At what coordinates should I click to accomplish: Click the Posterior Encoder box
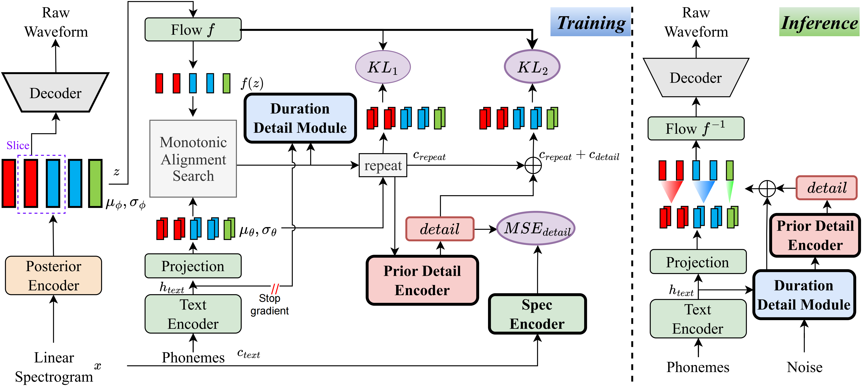pyautogui.click(x=54, y=275)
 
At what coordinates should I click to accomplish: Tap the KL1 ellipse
pyautogui.click(x=383, y=67)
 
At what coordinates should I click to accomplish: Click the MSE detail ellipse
pyautogui.click(x=536, y=229)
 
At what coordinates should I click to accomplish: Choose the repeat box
pyautogui.click(x=383, y=165)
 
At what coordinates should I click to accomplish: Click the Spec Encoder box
pyautogui.click(x=537, y=314)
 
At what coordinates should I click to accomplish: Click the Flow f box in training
pyautogui.click(x=193, y=29)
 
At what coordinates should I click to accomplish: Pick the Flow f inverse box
pyautogui.click(x=696, y=128)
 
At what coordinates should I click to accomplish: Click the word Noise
pyautogui.click(x=804, y=367)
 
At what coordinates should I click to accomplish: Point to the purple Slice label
pyautogui.click(x=18, y=145)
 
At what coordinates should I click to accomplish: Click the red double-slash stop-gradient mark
pyautogui.click(x=275, y=288)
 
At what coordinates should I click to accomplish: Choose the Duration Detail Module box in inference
pyautogui.click(x=804, y=295)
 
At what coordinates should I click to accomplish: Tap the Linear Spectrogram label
pyautogui.click(x=54, y=367)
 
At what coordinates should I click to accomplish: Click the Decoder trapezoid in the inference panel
pyautogui.click(x=696, y=78)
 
